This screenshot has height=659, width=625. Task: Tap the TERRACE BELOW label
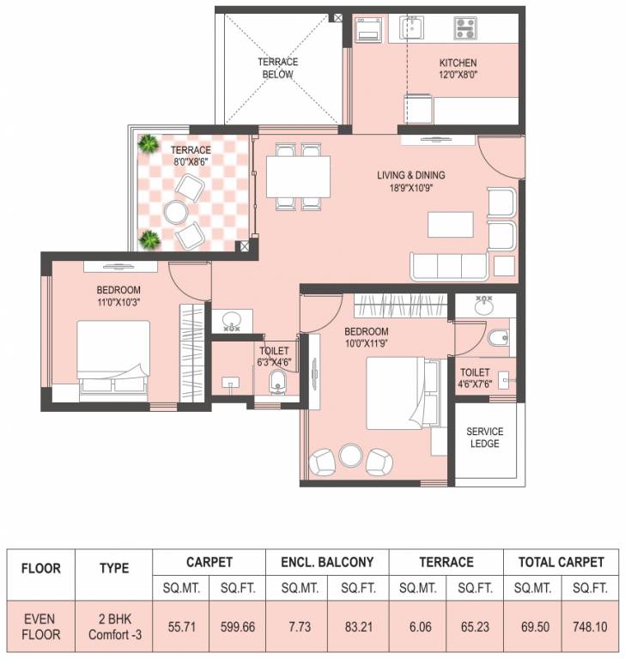(x=277, y=68)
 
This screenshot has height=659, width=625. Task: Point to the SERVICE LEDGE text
(x=484, y=437)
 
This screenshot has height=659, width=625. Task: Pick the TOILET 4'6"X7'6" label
(x=474, y=378)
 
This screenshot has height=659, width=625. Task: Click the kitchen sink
(x=409, y=29)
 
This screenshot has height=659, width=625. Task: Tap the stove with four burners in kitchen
(x=464, y=28)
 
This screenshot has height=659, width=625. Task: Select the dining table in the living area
(x=298, y=177)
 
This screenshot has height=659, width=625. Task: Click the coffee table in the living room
(x=450, y=224)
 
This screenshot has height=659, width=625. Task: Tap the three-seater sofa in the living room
(x=451, y=266)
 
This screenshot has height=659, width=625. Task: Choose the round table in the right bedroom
(x=350, y=456)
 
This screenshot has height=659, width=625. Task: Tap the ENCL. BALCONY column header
(x=327, y=562)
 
